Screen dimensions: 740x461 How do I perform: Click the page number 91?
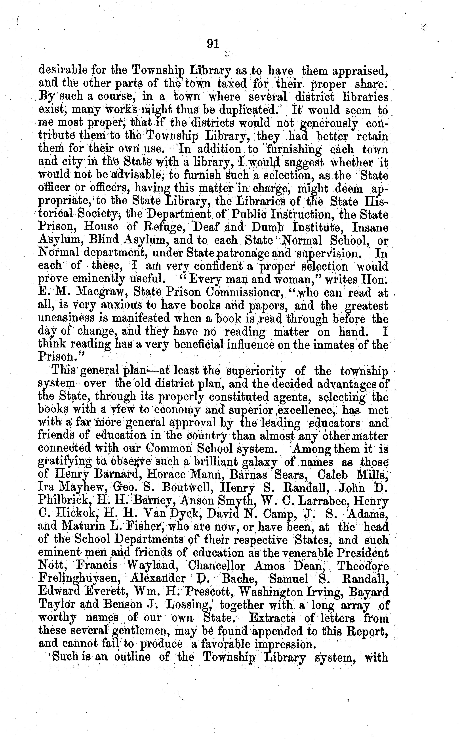click(x=213, y=44)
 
